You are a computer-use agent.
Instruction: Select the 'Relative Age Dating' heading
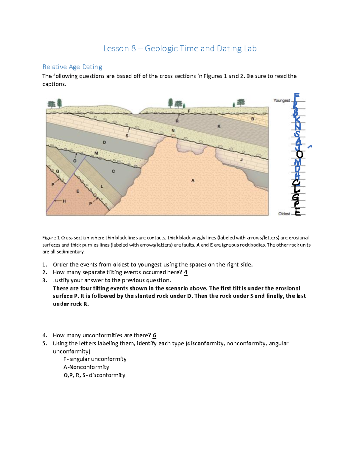point(72,67)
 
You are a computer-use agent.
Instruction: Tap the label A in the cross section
point(193,180)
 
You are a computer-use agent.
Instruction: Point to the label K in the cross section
point(219,126)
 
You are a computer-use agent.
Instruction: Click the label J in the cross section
point(241,160)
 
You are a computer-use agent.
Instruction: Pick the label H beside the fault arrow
point(64,201)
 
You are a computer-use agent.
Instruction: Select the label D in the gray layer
point(104,142)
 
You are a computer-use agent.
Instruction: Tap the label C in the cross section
point(113,171)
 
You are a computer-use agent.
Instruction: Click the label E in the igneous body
point(78,191)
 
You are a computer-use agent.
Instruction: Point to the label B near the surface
point(253,119)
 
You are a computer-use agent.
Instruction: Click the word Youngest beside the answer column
point(281,101)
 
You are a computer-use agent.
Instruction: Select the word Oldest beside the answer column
point(284,214)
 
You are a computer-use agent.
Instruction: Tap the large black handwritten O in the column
point(299,154)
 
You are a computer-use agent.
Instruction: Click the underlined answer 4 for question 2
point(186,272)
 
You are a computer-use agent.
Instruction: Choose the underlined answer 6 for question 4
point(154,335)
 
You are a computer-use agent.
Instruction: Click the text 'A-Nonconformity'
point(86,367)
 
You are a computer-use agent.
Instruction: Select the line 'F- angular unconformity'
point(95,359)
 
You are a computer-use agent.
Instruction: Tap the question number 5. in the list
point(45,343)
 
